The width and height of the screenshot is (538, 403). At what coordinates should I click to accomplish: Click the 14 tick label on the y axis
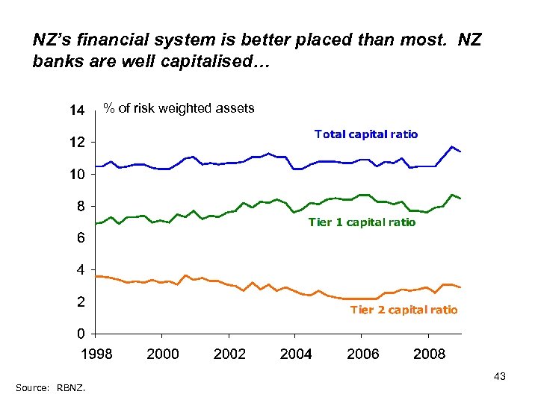[77, 110]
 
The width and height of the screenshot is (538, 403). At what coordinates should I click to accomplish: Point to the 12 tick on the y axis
[77, 142]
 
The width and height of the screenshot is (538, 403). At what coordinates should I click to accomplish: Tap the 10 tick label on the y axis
[77, 174]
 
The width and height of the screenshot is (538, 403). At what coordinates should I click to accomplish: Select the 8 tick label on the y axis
[80, 206]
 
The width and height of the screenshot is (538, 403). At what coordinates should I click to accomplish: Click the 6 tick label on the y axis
[80, 238]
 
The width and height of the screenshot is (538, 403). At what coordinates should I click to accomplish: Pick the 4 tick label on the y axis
[80, 269]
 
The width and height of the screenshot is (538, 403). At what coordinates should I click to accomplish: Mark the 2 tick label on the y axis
[80, 302]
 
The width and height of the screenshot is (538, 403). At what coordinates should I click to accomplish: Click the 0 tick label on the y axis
[80, 333]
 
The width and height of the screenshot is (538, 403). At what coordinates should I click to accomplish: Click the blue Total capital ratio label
[366, 134]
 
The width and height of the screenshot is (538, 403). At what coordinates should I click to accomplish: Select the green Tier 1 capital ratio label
[362, 222]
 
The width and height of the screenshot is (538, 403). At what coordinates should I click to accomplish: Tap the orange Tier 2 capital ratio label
[403, 310]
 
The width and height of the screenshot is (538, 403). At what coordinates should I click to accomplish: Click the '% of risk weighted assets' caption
[179, 108]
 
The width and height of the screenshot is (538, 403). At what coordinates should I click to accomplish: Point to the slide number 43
[500, 377]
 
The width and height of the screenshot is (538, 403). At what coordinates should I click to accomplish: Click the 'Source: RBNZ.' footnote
[50, 387]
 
